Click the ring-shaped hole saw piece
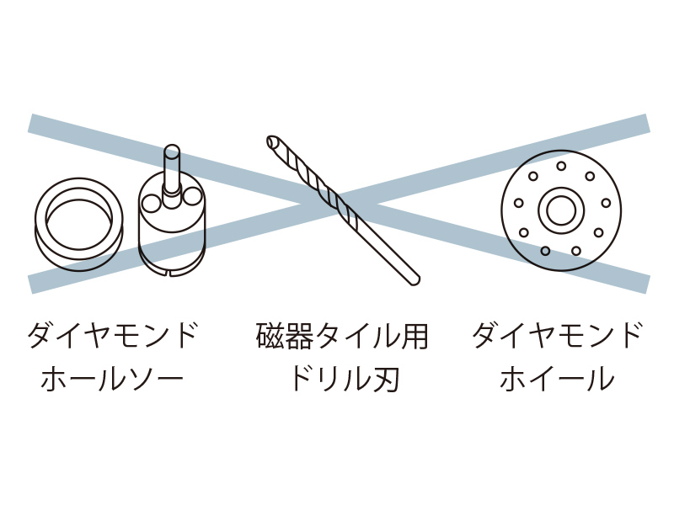click(79, 224)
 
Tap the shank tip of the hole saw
click(172, 151)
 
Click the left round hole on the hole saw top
click(152, 203)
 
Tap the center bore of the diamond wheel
click(561, 210)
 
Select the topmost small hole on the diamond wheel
click(561, 166)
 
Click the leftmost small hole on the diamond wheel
click(519, 203)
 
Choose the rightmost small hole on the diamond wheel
click(606, 203)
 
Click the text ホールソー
click(112, 378)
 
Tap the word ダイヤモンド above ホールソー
click(112, 335)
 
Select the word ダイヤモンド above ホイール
click(558, 335)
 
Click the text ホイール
click(557, 378)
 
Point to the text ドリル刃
click(345, 378)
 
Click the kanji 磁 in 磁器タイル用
click(270, 335)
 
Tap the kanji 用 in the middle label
click(414, 335)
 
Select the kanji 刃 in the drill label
click(386, 378)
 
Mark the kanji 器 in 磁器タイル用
click(299, 335)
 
